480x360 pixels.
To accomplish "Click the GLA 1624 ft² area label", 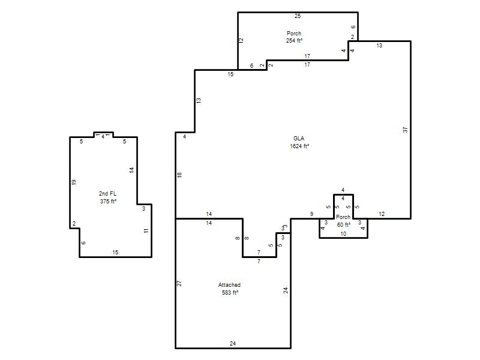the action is pos(299,142).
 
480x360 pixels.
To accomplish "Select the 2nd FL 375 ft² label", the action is pos(108,197).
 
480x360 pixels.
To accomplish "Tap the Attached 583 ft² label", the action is pos(230,289).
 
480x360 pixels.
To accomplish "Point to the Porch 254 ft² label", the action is pos(294,37).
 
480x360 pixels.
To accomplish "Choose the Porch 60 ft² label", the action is pos(343,221).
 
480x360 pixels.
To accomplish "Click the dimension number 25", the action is pos(298,16).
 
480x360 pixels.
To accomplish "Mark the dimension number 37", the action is pos(406,130).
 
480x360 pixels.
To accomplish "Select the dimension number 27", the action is pos(179,283).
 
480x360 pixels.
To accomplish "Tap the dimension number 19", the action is pos(73,182).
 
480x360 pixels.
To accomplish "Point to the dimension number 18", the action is pos(179,175).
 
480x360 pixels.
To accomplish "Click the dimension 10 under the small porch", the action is pos(343,234).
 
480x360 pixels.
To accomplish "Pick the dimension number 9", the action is pos(311,214).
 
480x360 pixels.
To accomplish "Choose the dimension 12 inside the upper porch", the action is pos(241,40).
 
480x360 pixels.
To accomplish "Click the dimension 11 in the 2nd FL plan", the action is pos(146,230).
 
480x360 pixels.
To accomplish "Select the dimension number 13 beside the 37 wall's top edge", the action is pos(379,46).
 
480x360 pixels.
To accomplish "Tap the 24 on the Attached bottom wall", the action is pos(233,343).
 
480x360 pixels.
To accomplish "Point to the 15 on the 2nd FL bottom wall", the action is pos(115,252).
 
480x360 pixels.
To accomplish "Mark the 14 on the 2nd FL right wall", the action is pos(131,170).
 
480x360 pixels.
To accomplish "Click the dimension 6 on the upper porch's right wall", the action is pos(353,27).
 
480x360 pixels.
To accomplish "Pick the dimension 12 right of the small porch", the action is pos(382,214).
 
